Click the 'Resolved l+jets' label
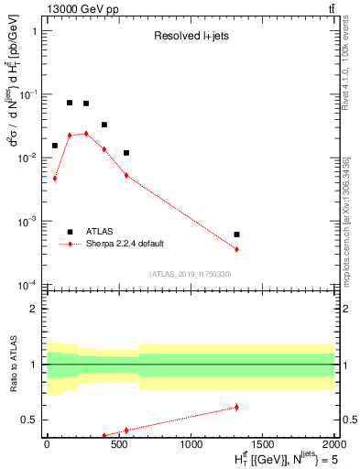pyautogui.click(x=190, y=37)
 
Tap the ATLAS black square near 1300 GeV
pyautogui.click(x=236, y=234)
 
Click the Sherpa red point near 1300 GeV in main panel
pyautogui.click(x=236, y=249)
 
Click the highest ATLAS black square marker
pyautogui.click(x=70, y=103)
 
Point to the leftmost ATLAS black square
pyautogui.click(x=55, y=146)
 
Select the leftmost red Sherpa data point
pyautogui.click(x=55, y=179)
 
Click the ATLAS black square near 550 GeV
pyautogui.click(x=126, y=153)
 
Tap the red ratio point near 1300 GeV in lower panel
pyautogui.click(x=236, y=407)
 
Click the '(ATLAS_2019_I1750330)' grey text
pyautogui.click(x=190, y=274)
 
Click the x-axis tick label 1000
pyautogui.click(x=191, y=444)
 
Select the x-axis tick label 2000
pyautogui.click(x=333, y=444)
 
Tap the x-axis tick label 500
pyautogui.click(x=119, y=444)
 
